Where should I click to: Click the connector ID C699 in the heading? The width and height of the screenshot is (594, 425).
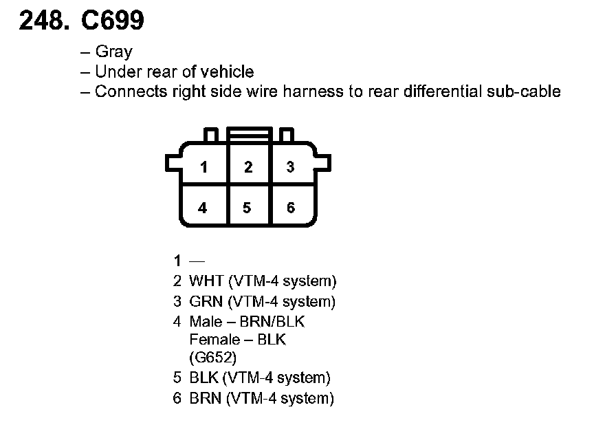[x=113, y=21]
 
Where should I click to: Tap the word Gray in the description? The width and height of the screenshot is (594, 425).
[x=113, y=52]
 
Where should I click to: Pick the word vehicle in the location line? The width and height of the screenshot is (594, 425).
[x=228, y=72]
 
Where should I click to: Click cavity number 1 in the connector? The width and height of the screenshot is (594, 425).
[x=203, y=167]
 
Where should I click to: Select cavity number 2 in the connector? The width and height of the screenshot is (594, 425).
[x=248, y=167]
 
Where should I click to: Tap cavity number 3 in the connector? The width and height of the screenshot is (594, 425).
[x=290, y=167]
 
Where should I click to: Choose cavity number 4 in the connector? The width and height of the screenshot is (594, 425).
[x=203, y=208]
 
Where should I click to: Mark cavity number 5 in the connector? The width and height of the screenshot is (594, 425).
[x=247, y=208]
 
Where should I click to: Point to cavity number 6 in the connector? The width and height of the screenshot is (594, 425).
[x=291, y=208]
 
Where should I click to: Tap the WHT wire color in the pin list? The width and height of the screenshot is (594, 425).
[x=206, y=281]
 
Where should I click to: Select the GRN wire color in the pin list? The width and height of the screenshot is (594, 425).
[x=206, y=301]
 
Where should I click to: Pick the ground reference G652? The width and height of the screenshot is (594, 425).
[x=212, y=357]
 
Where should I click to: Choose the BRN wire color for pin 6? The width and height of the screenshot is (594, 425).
[x=206, y=398]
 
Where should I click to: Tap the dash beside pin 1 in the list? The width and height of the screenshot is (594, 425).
[x=197, y=261]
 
